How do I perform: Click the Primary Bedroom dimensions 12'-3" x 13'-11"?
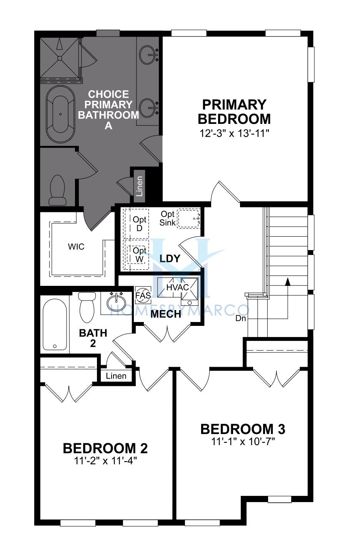pos(234,133)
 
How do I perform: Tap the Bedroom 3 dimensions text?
pos(243,441)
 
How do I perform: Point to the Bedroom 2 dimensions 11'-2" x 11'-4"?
pos(105,461)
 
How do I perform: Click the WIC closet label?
pos(76,247)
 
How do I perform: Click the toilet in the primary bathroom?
pos(57,190)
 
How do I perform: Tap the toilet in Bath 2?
pos(87,307)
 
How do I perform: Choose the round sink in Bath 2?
pos(116,303)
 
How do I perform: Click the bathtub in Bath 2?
pos(55,324)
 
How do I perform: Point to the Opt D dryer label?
pos(140,224)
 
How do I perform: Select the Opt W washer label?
pos(140,255)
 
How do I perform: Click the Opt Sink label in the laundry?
pos(167,218)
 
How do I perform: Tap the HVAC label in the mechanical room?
pos(178,287)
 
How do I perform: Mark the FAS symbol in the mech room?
pos(143,295)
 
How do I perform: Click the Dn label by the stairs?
pos(241,318)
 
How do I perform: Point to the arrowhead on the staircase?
pos(288,282)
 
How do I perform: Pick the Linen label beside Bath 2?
pos(116,376)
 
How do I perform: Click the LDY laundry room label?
pos(170,259)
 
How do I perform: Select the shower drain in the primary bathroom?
pos(60,58)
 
